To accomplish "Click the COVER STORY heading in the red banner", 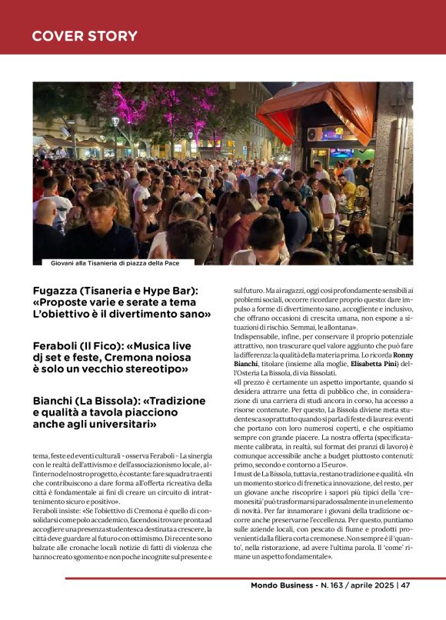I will (85, 36).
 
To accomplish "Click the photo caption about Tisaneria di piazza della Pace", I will (115, 263).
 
